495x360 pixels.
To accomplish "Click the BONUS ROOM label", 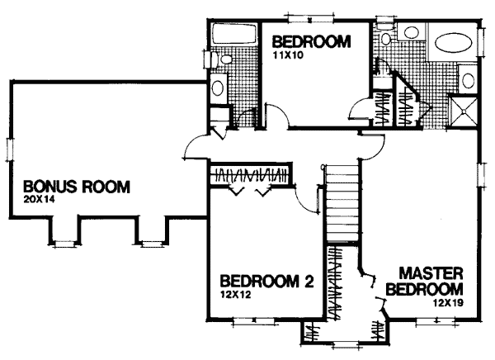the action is coord(77,187).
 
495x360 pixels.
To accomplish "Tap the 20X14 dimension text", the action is coord(39,200).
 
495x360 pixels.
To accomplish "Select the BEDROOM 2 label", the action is coord(267,281).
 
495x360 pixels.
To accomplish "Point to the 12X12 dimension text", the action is coord(235,295).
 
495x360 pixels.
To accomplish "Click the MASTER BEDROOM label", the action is coord(425,281).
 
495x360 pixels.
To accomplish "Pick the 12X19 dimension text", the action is coord(448,303).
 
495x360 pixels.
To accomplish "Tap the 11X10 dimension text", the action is coord(288,55).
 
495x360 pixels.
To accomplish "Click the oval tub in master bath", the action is coord(454,43).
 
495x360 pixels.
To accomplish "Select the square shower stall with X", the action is coord(464,111).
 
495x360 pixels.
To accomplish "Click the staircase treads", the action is coord(343,203).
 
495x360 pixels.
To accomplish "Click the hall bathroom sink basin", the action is coord(218,88).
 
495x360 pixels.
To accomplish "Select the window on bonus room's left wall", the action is coord(9,149).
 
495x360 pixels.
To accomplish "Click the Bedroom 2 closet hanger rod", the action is coord(250,174).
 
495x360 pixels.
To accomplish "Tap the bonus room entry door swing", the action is coord(195,146).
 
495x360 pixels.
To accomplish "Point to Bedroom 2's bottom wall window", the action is coord(254,321).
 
